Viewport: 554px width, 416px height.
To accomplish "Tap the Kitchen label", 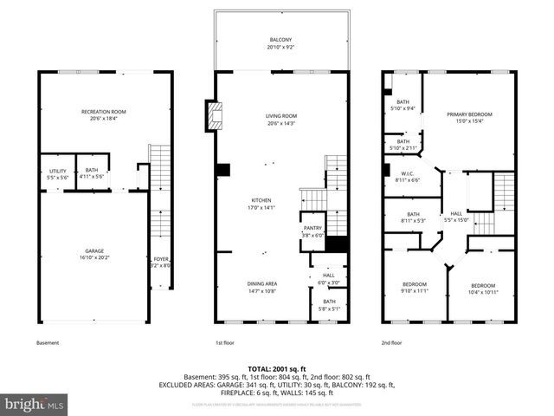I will [261, 204].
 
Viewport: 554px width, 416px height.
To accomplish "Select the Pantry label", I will [312, 230].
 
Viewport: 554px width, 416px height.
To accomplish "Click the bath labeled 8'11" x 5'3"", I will [413, 217].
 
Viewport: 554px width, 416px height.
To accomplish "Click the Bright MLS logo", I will [35, 404].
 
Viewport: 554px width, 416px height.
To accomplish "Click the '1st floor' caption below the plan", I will [227, 343].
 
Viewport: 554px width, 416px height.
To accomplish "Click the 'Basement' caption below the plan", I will [48, 343].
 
